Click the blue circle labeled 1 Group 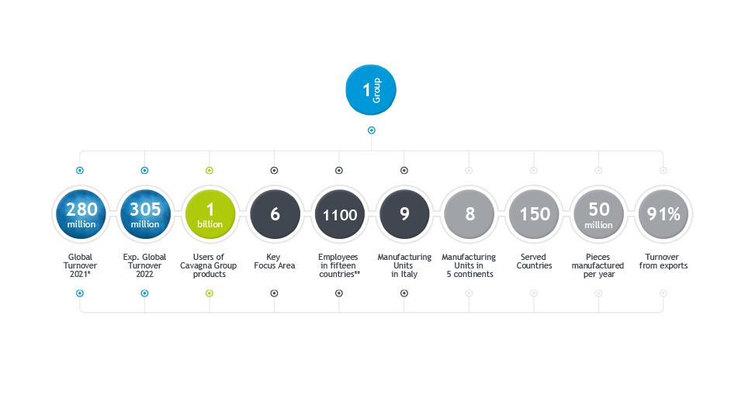tap(371, 91)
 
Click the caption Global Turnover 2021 tap(81, 265)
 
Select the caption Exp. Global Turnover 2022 tap(145, 265)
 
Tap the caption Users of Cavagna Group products tap(210, 265)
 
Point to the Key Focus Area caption tap(275, 261)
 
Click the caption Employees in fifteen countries tap(339, 265)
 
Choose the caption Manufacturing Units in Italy tap(404, 265)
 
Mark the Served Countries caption tap(534, 261)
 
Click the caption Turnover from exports tap(664, 261)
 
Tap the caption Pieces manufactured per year tap(598, 265)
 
